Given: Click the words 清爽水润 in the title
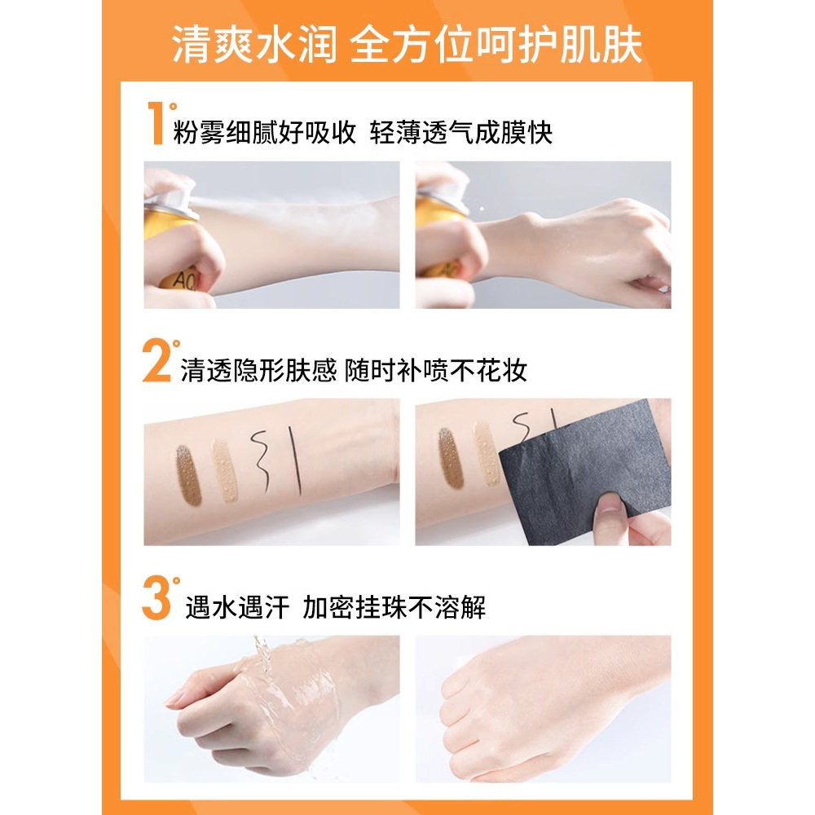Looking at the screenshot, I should [x=253, y=46].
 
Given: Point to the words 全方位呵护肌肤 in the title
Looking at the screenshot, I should [x=496, y=46].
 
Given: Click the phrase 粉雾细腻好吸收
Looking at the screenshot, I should [x=265, y=133].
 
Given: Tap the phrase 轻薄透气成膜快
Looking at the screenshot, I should [x=461, y=133].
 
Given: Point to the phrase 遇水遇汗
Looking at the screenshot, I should [x=237, y=607].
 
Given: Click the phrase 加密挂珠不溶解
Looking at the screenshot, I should [x=394, y=607].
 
